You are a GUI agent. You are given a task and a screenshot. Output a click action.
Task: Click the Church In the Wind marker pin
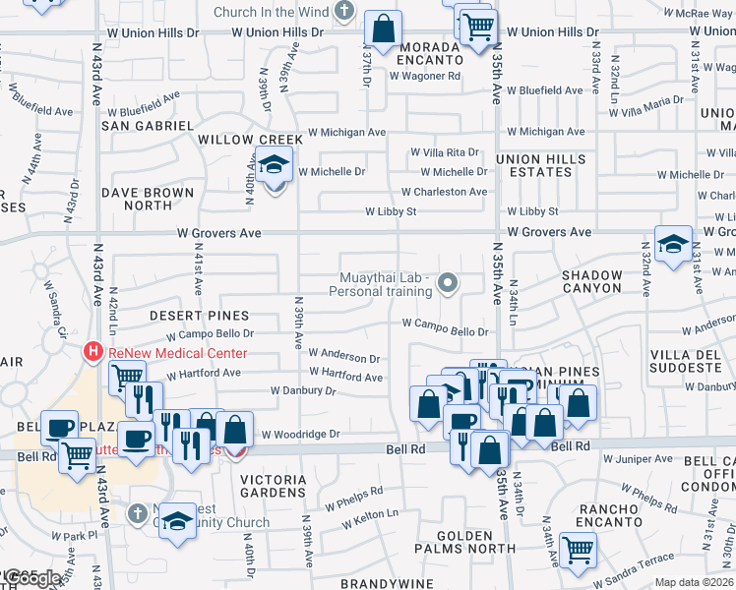coord(343,12)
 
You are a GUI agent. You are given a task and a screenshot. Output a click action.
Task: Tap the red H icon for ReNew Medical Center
coord(93,351)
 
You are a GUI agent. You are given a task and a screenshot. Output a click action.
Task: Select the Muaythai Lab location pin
coord(448,284)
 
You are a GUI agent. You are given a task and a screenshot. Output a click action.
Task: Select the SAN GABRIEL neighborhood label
coord(148,126)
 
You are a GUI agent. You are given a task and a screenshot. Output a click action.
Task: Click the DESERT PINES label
coord(188,316)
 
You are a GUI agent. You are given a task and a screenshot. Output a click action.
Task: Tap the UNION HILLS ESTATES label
coord(540,166)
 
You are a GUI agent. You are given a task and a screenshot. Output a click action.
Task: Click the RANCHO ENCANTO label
coord(610,515)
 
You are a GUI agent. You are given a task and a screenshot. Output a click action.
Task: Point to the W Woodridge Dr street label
coord(299,434)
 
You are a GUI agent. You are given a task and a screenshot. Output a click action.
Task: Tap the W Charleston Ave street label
coord(444,192)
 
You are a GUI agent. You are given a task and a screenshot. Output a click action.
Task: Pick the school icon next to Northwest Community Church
coord(177,519)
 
